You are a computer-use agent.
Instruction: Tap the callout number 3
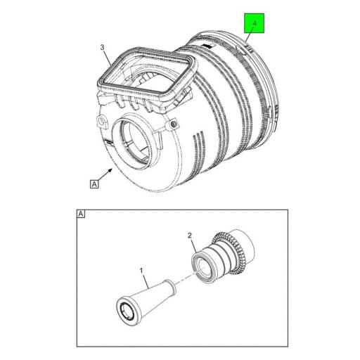[x=103, y=48]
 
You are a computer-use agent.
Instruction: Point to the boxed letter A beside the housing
[x=93, y=184]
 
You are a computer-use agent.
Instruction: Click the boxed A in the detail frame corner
[x=80, y=214]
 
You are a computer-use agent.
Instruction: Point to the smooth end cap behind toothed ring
[x=247, y=243]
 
